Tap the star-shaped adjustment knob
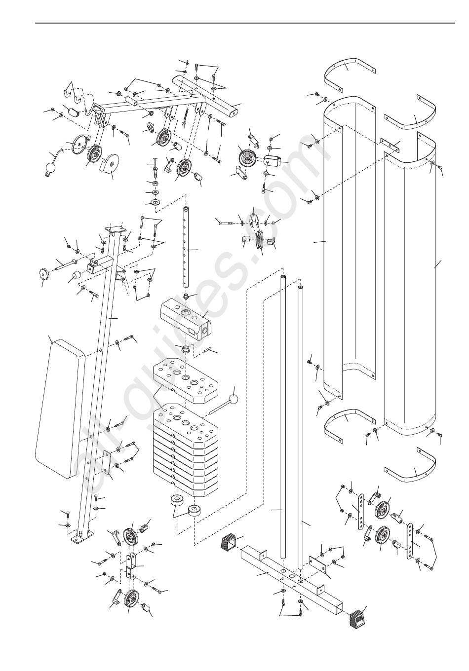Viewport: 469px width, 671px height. [x=44, y=274]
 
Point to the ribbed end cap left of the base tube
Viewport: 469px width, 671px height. [x=229, y=542]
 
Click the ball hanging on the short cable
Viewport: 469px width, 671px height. [x=51, y=168]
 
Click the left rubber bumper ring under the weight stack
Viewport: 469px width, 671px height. [x=176, y=500]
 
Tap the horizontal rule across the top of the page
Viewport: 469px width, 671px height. [x=245, y=23]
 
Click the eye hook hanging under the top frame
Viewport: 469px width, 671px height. [x=185, y=117]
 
